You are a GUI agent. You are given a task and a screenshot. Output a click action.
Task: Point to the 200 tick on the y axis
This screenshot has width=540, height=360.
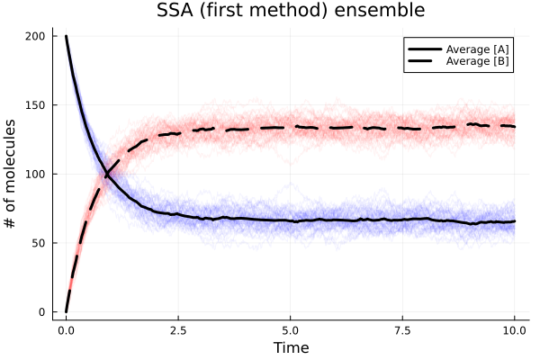click(41, 36)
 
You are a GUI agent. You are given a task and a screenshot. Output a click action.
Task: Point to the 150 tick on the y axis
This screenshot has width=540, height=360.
click(41, 105)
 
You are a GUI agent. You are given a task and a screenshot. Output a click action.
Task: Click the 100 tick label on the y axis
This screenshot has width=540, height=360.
click(41, 174)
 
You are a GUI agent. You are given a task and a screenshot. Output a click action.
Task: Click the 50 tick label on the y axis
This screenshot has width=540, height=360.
click(44, 243)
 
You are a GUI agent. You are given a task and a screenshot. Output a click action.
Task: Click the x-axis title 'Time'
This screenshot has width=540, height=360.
click(290, 348)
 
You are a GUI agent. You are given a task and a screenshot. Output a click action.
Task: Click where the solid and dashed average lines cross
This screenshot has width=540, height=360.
click(106, 173)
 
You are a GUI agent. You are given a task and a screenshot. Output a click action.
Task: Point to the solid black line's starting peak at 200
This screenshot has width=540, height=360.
click(67, 37)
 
